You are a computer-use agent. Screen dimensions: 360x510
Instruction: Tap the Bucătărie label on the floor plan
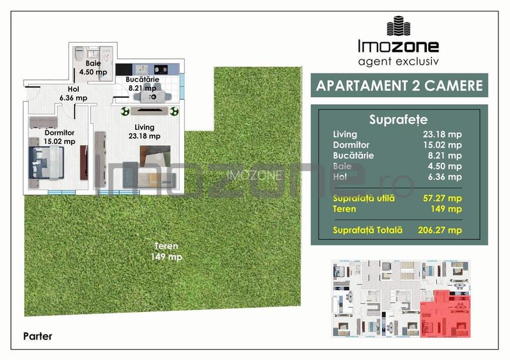[141, 84]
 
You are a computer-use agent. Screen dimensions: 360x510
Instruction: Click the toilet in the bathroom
[78, 54]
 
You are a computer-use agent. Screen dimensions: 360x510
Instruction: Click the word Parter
[37, 336]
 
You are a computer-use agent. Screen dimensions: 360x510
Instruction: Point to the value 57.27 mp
[446, 198]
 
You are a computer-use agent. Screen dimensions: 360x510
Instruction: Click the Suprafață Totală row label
[368, 230]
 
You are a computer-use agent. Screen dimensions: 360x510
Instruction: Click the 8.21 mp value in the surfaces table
[448, 155]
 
